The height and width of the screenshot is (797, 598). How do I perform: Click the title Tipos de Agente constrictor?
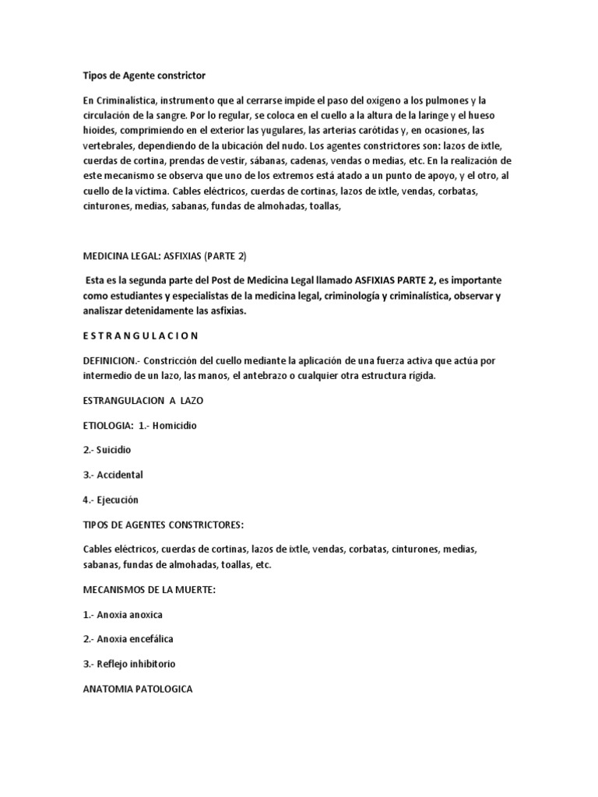144,75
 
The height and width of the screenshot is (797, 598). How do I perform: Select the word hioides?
100,129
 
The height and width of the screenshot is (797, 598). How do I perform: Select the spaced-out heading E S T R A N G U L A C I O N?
141,335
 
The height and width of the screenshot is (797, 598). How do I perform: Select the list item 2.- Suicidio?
107,450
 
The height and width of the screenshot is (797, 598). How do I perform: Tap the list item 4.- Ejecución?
110,499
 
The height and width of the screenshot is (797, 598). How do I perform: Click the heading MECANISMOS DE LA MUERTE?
148,590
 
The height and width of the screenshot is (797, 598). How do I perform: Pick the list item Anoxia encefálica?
128,639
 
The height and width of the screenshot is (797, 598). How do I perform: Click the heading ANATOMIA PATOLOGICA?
139,689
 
